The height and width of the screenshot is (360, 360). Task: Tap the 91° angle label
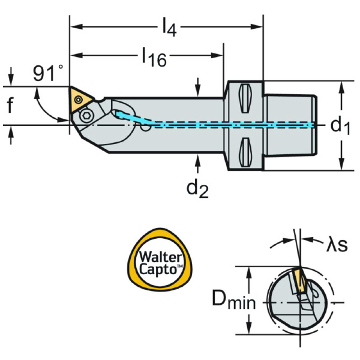tap(48, 73)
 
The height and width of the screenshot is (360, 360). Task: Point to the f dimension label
tap(10, 106)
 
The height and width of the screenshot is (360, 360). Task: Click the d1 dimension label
tap(340, 125)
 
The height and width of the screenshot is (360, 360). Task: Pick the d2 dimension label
tap(197, 188)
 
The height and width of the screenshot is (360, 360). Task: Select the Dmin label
tap(234, 298)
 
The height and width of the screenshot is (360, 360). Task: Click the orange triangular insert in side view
tap(80, 98)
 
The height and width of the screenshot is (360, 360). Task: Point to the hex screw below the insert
tap(86, 114)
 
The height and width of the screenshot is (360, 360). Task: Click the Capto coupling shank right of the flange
tap(288, 125)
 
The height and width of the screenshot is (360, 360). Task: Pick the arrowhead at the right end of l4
tap(260, 26)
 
